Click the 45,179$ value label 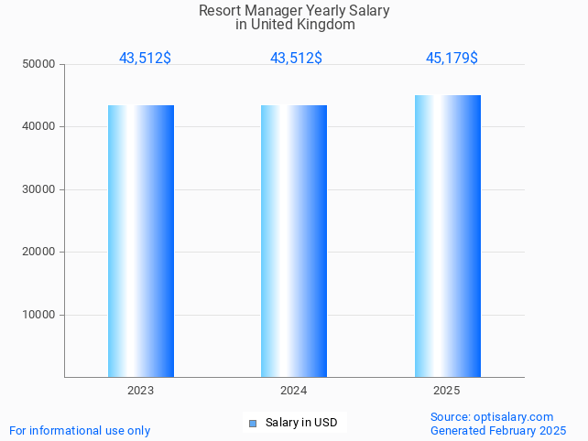(452, 58)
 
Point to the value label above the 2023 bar (145, 58)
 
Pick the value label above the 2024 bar (296, 58)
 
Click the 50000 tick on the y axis (39, 64)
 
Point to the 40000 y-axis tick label (39, 127)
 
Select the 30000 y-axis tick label (39, 189)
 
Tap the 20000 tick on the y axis (39, 252)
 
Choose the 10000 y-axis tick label (39, 315)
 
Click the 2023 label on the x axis (141, 391)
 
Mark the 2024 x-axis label (294, 391)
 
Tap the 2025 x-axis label (447, 391)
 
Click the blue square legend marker (253, 423)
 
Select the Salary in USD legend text (301, 423)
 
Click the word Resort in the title (218, 11)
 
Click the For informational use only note (80, 430)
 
